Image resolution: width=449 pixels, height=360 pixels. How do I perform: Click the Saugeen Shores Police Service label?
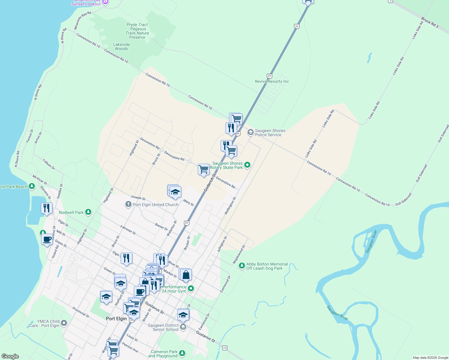click(x=268, y=133)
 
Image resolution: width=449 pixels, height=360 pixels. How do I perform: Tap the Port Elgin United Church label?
click(x=155, y=205)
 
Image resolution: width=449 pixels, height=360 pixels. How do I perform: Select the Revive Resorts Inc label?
click(x=272, y=81)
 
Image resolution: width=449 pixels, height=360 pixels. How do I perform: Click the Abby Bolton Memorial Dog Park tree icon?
click(x=242, y=266)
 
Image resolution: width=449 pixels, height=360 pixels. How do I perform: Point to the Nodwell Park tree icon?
click(x=88, y=212)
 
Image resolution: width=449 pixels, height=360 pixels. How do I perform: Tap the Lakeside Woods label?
click(x=122, y=46)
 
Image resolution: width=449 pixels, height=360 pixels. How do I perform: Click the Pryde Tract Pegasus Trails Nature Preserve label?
click(x=137, y=31)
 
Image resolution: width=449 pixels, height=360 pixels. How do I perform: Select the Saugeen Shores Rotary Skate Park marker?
click(x=247, y=165)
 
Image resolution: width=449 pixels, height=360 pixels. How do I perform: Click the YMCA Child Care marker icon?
click(x=64, y=323)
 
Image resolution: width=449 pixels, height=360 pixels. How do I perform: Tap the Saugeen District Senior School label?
click(x=163, y=327)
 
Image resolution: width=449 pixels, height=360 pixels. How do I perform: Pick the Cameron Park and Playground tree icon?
click(x=182, y=353)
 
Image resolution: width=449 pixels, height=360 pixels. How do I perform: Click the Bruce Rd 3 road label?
click(x=430, y=22)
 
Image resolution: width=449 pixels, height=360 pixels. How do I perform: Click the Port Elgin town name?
click(x=116, y=319)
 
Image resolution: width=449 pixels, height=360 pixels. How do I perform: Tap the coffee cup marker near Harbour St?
click(x=47, y=239)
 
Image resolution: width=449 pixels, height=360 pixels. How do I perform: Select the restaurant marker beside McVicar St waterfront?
click(x=47, y=208)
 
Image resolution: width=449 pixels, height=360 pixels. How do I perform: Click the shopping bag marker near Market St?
click(x=186, y=274)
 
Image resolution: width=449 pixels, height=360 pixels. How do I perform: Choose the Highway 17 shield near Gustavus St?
click(x=225, y=348)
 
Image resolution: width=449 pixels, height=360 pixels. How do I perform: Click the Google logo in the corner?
click(x=10, y=356)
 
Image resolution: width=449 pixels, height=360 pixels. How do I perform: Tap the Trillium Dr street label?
click(x=49, y=164)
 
